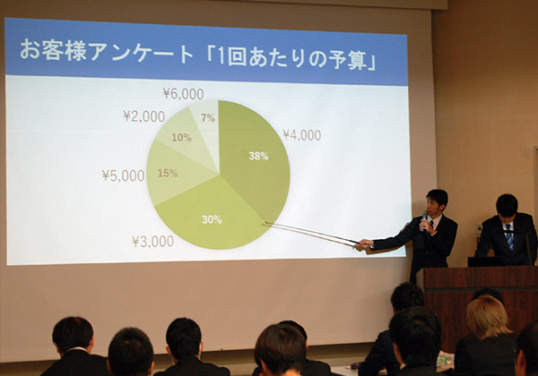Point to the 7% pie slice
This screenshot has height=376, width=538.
tap(206, 118)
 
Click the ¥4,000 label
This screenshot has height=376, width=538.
tap(302, 135)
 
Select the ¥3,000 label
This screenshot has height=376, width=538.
tap(153, 242)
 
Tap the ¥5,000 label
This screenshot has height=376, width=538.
tap(123, 175)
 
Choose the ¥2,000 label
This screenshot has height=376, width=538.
tap(144, 116)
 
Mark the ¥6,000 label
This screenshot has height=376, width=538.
tap(183, 93)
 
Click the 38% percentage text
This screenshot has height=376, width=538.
tap(258, 156)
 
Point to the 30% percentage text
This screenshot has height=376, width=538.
tap(212, 219)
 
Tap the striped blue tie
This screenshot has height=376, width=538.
tap(509, 236)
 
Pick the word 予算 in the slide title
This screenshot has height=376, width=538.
tap(346, 59)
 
